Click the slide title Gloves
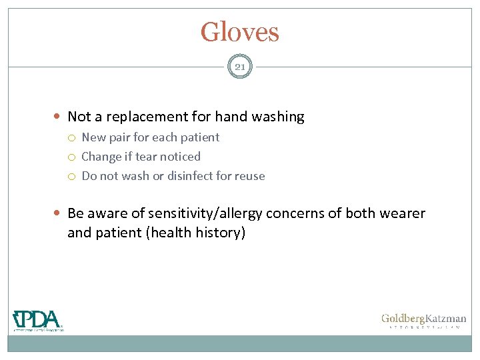pyautogui.click(x=240, y=32)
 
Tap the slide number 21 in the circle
pyautogui.click(x=240, y=67)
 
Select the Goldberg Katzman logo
pyautogui.click(x=423, y=321)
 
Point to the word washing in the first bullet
pyautogui.click(x=277, y=117)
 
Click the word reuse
pyautogui.click(x=250, y=176)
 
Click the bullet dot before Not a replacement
pyautogui.click(x=59, y=117)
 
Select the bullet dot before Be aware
pyautogui.click(x=59, y=214)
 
